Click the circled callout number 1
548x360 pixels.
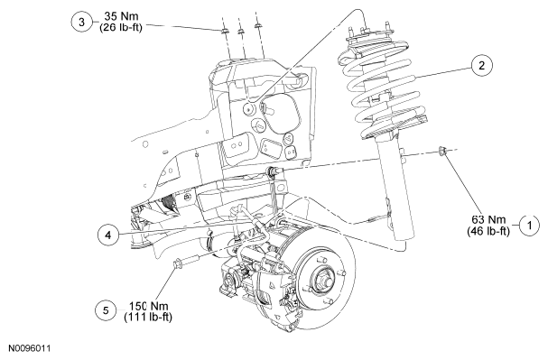click(x=529, y=226)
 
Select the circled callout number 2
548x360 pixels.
click(x=481, y=65)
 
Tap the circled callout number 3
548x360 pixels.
click(x=82, y=22)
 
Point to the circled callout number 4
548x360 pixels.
click(x=108, y=235)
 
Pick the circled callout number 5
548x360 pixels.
click(x=106, y=310)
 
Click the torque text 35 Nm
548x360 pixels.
click(x=121, y=16)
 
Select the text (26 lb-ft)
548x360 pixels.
click(x=121, y=27)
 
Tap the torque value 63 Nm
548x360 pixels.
click(x=488, y=219)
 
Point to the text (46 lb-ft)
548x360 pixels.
click(x=488, y=231)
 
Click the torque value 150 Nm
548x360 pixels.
click(x=149, y=306)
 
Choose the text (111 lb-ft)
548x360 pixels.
click(x=148, y=317)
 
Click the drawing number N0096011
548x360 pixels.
click(x=30, y=348)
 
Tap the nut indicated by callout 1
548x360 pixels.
click(x=442, y=152)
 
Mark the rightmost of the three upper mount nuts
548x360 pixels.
click(x=258, y=26)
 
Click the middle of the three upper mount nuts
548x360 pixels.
click(x=241, y=32)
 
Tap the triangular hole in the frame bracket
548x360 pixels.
click(x=290, y=139)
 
